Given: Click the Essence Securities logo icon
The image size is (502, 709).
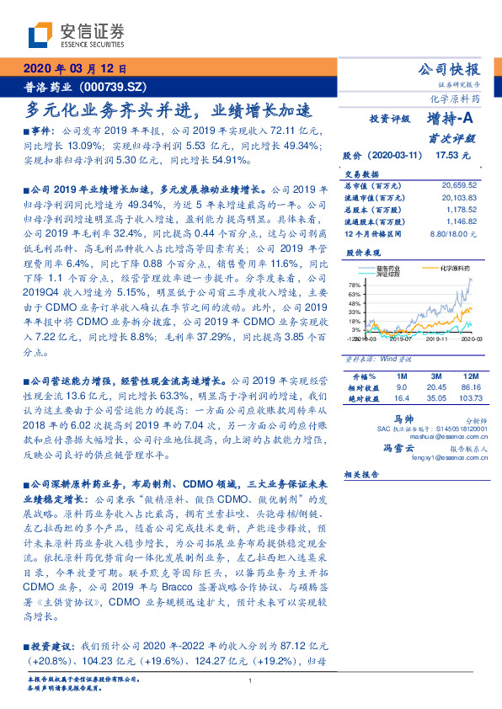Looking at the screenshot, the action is coord(41,35).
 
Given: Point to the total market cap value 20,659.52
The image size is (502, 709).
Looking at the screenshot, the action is coord(459,184).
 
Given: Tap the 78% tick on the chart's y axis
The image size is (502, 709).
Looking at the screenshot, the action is coord(354,286).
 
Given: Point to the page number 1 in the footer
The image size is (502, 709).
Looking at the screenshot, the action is coord(251,680).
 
